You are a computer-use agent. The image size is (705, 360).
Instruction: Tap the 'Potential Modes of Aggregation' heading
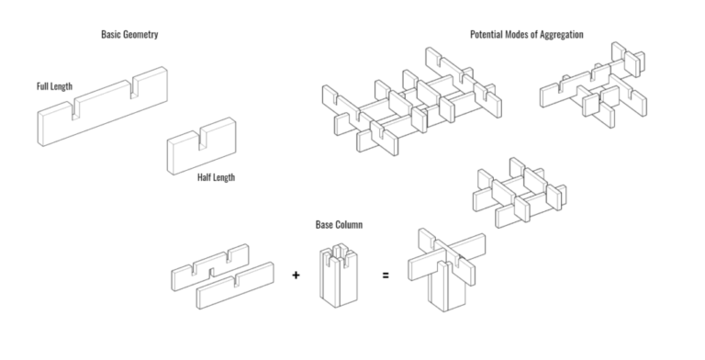click(526, 35)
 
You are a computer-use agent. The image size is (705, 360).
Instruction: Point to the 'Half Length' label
click(217, 176)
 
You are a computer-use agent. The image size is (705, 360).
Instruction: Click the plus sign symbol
click(296, 274)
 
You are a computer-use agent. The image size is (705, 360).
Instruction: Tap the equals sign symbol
click(385, 274)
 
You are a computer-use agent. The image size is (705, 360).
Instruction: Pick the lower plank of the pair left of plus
click(235, 287)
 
